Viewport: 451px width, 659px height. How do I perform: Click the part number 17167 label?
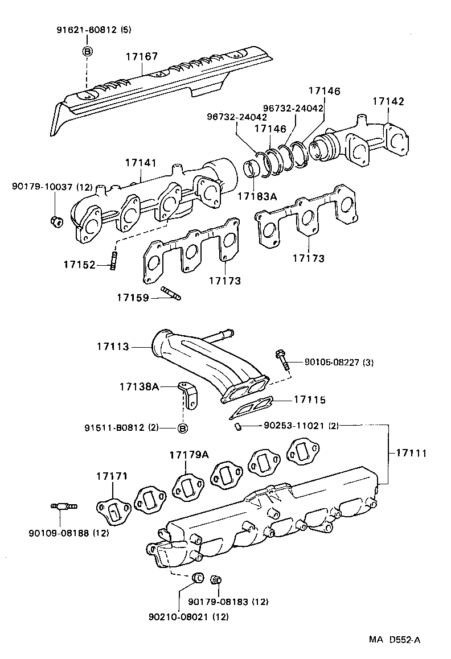tap(142, 56)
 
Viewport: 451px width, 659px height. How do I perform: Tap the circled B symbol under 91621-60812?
tap(87, 51)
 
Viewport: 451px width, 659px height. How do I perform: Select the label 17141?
tap(141, 163)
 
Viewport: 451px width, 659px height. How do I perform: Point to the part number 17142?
tap(388, 101)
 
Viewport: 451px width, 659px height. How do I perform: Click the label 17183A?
tap(257, 196)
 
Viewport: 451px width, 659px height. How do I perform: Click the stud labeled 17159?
tap(171, 294)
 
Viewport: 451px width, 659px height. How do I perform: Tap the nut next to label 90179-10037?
tap(56, 221)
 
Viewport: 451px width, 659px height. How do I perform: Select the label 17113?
tap(113, 346)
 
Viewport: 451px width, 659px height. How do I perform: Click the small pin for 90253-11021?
tap(239, 426)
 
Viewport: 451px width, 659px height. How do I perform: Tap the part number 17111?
tap(408, 453)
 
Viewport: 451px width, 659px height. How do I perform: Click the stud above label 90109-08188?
tap(64, 505)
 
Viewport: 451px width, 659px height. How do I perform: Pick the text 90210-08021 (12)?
tap(190, 616)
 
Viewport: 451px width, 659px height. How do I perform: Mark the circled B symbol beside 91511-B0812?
tap(182, 429)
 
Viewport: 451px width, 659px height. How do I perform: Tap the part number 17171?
tap(112, 476)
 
